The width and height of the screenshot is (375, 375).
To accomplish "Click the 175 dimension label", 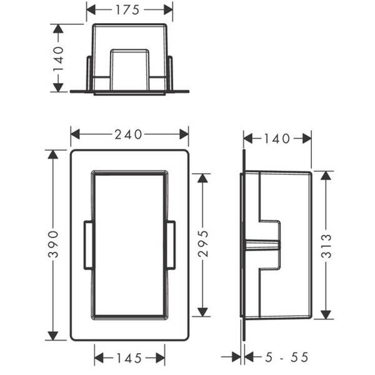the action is pos(127,10).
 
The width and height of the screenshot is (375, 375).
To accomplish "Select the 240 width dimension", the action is pos(128,134).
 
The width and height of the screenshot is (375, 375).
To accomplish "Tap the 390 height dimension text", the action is pos(53,244).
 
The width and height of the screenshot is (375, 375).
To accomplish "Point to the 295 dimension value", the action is pos(203,244).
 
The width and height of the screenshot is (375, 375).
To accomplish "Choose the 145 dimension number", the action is pos(129,358).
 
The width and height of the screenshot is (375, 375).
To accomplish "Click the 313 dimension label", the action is pos(326,246).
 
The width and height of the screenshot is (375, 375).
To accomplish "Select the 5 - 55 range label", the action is pos(286,357).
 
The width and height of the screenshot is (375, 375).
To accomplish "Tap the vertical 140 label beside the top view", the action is pos(58,59).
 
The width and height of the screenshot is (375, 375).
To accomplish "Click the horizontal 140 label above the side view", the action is pos(277,139).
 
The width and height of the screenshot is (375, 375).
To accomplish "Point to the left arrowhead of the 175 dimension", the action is pos(91,10).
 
